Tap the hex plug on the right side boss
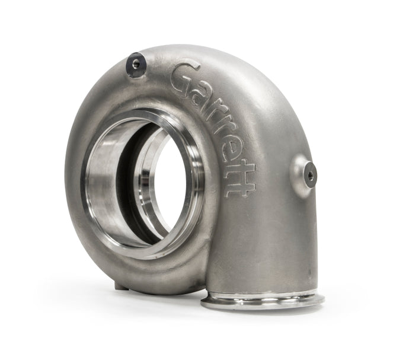click(309, 174)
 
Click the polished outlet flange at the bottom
click(262, 300)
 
